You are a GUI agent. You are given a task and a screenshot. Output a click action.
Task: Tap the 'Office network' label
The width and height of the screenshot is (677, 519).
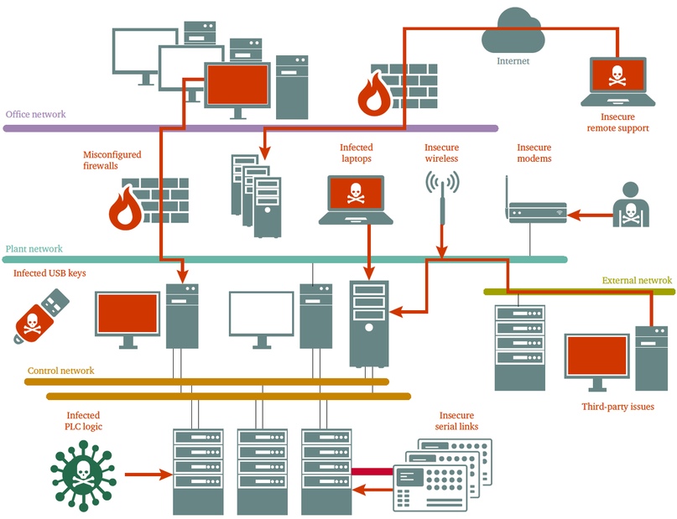click(x=36, y=114)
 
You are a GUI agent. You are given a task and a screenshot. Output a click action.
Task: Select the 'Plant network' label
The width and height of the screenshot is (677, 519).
click(x=34, y=249)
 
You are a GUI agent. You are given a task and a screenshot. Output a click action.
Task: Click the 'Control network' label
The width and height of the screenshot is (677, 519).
click(x=61, y=371)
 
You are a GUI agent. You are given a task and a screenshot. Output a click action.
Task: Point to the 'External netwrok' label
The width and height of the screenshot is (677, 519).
click(x=637, y=280)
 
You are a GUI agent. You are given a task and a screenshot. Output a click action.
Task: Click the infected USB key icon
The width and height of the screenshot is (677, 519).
click(x=41, y=316)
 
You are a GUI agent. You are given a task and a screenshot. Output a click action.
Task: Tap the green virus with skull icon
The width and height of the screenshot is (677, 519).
click(x=83, y=476)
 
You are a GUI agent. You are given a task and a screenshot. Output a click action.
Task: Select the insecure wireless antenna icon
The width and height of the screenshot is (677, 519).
click(x=442, y=196)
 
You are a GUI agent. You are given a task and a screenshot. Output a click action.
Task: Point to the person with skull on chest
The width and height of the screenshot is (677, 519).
click(x=631, y=205)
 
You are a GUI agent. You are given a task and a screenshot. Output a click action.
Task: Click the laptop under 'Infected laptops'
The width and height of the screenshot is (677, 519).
click(x=356, y=200)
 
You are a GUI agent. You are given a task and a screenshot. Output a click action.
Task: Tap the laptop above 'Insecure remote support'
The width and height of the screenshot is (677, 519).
click(x=617, y=81)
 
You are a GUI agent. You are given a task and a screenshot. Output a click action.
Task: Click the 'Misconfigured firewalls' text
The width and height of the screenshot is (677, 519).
click(x=112, y=160)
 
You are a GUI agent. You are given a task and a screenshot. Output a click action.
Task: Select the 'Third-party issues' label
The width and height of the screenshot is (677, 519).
click(x=617, y=407)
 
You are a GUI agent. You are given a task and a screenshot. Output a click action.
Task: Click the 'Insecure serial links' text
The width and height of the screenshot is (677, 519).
click(x=457, y=421)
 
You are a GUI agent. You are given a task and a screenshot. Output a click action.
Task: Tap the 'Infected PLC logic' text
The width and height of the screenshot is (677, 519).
click(x=83, y=421)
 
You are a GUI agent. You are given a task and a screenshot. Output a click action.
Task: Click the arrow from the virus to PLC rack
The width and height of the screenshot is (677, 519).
click(x=149, y=475)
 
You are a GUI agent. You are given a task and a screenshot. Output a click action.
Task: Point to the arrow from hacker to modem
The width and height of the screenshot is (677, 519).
click(x=591, y=215)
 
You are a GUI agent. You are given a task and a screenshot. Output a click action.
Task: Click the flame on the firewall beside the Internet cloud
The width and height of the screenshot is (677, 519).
click(x=375, y=95)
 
